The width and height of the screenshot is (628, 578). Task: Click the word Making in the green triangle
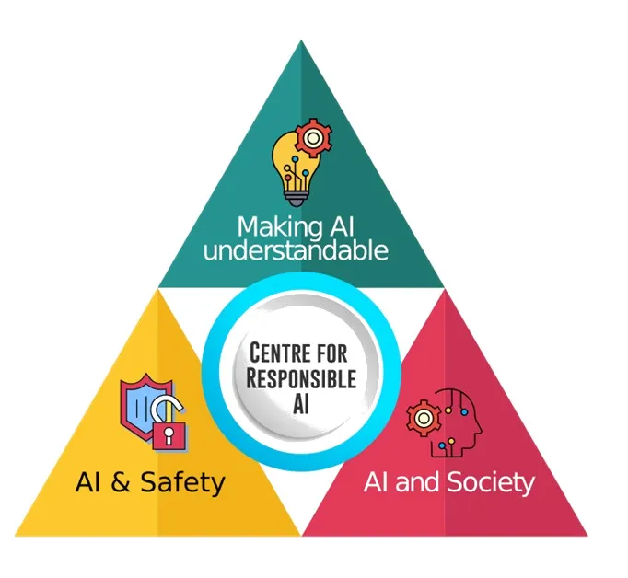coord(279,227)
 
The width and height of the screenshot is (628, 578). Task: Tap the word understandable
coord(296,251)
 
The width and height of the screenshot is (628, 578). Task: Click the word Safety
coord(183,482)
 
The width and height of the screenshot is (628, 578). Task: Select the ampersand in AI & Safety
coord(121,481)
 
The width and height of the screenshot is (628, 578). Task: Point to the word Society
coord(491,482)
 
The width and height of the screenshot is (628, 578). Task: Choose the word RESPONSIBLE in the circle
coord(301,378)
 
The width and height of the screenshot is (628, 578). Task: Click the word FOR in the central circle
coord(331,353)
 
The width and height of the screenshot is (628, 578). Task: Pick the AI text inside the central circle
coord(301,404)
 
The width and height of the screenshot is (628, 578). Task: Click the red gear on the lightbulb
coord(314,138)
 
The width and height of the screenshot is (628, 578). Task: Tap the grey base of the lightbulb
coord(297,198)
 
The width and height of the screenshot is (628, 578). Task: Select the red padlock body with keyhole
coord(169,435)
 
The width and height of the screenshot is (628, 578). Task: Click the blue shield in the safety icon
coord(143,407)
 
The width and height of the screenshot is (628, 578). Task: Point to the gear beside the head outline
coord(423,418)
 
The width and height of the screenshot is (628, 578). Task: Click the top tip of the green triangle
coord(301,40)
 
